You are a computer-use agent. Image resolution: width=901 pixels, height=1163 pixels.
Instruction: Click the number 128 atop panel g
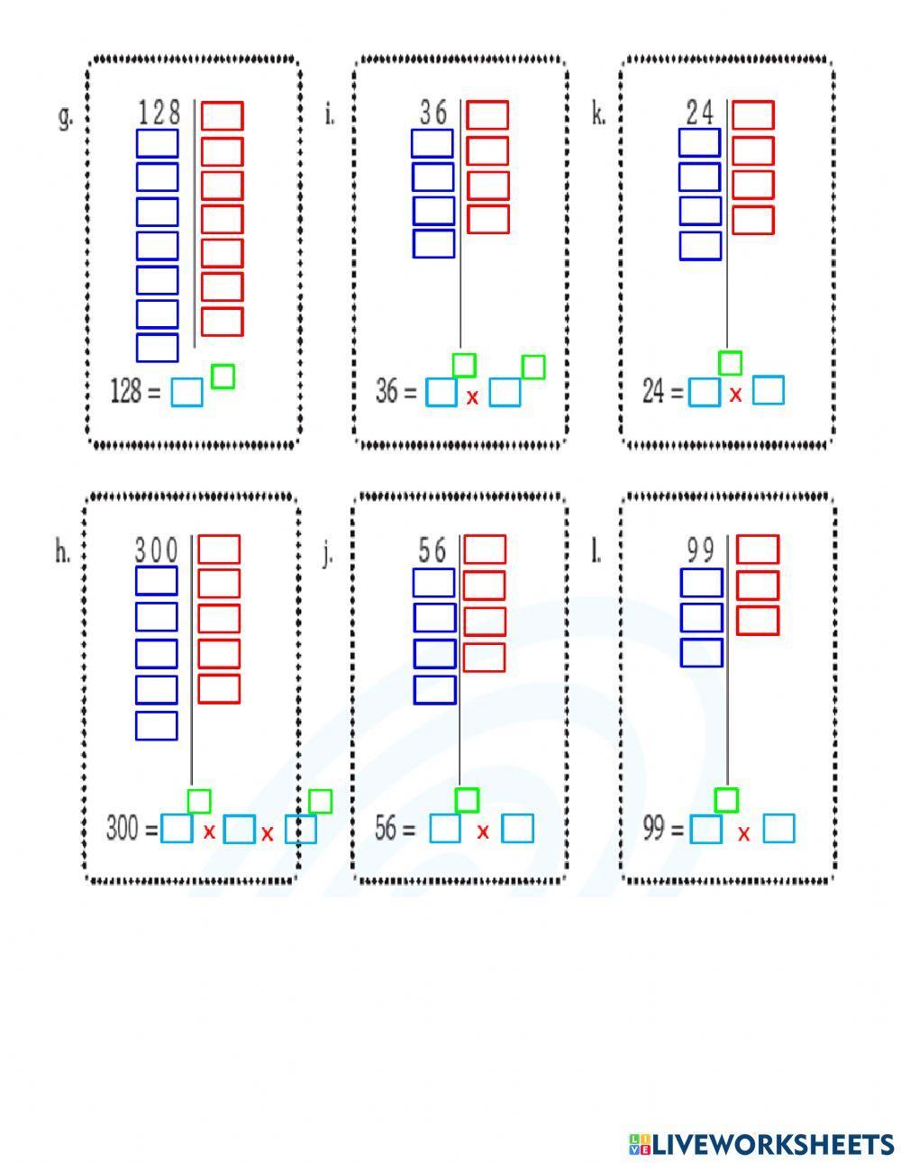[x=159, y=114]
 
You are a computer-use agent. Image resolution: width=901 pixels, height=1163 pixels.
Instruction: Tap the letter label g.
[x=65, y=117]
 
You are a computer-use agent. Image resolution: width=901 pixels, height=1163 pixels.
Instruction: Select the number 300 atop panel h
[x=157, y=549]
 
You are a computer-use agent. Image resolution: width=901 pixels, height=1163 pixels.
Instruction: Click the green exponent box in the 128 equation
[x=223, y=377]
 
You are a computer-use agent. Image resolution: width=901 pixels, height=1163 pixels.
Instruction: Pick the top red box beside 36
[x=487, y=115]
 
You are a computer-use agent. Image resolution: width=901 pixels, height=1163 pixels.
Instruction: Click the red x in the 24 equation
[x=735, y=394]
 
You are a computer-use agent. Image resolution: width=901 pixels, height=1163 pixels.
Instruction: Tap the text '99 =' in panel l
[x=662, y=828]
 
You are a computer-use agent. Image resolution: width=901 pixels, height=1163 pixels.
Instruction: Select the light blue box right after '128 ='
[x=187, y=393]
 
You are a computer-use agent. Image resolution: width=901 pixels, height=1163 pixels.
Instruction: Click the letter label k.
[x=598, y=116]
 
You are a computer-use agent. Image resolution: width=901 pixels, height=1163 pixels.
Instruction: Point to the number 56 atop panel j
[x=432, y=550]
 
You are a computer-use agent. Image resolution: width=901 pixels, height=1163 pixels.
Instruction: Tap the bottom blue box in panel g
[x=157, y=348]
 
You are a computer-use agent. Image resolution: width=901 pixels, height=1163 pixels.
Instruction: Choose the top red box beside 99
[x=757, y=550]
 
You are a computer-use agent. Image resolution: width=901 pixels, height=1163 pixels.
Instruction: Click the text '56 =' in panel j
[x=395, y=829]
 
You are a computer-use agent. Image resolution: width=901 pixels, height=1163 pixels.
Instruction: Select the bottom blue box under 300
[x=156, y=725]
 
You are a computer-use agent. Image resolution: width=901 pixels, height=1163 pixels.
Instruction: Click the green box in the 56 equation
[x=467, y=799]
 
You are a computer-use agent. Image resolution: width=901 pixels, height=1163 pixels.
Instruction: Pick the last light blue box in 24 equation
[x=768, y=391]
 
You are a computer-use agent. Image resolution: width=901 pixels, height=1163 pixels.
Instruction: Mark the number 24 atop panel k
[x=699, y=114]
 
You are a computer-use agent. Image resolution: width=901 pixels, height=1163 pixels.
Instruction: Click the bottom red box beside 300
[x=219, y=689]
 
